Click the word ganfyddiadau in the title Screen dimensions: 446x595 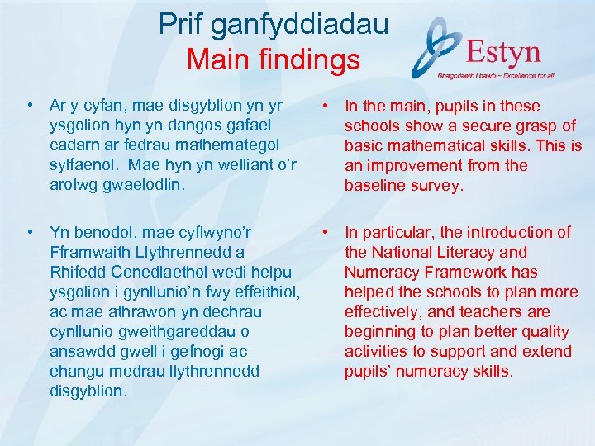[x=302, y=24]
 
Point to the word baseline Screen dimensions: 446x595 [x=376, y=185]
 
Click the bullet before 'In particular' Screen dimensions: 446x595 [x=327, y=232]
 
